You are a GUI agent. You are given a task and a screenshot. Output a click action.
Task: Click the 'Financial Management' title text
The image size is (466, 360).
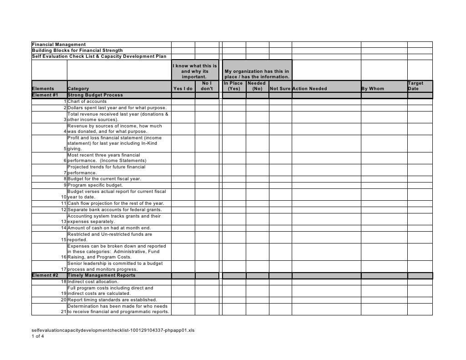click(x=58, y=44)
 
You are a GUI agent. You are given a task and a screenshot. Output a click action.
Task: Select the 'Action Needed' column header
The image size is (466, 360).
click(x=309, y=89)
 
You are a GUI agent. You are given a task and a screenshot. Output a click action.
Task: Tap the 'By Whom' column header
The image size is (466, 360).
click(x=373, y=89)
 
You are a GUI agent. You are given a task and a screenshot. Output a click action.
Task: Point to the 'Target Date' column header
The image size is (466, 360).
click(x=415, y=86)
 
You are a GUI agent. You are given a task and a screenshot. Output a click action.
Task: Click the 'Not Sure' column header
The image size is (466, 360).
click(x=280, y=89)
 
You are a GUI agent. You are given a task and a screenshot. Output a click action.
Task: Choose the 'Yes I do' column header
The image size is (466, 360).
click(x=183, y=89)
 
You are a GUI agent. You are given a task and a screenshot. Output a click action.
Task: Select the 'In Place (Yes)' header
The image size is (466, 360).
click(x=233, y=86)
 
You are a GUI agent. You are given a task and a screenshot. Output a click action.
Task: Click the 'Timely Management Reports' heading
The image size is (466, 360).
click(x=101, y=275)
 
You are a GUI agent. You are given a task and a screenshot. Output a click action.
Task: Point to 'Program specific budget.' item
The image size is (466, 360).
click(x=95, y=185)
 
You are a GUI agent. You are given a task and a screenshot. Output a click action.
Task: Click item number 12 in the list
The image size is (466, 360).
click(x=64, y=210)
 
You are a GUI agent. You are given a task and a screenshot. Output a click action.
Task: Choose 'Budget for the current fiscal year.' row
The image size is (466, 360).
click(x=104, y=179)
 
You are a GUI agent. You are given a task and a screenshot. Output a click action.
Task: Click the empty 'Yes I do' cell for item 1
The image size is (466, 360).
click(x=183, y=101)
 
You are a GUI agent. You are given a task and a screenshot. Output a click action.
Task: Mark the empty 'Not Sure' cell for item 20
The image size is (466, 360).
click(x=280, y=300)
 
